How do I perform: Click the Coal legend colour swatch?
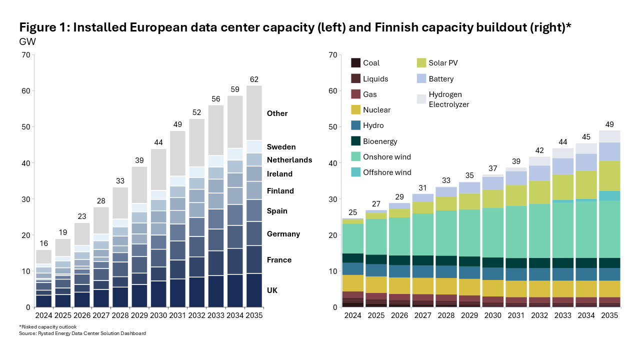(x=355, y=63)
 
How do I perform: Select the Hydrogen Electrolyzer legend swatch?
(x=421, y=99)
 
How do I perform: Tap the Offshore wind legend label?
(x=387, y=172)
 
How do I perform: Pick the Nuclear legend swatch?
(x=355, y=109)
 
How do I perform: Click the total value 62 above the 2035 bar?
(x=254, y=79)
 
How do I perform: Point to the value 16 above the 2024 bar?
(x=43, y=243)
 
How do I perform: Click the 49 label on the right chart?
(x=609, y=124)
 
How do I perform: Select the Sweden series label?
(x=281, y=147)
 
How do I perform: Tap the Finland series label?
(x=280, y=191)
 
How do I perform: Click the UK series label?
(x=272, y=290)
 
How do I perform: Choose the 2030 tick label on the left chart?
(x=158, y=315)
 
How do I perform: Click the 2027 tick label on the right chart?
(x=423, y=315)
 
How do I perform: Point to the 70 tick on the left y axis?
(x=26, y=55)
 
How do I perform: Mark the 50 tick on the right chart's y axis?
(x=333, y=127)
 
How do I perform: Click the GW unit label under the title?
(x=27, y=41)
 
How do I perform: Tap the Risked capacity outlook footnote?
(x=47, y=327)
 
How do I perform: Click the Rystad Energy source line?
(x=82, y=333)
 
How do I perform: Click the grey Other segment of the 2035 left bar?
(x=254, y=113)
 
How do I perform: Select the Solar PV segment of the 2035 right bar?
(x=609, y=176)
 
